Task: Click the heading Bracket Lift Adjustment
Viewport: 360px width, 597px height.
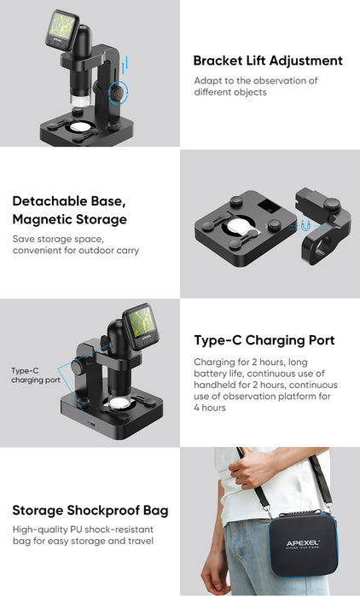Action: point(268,61)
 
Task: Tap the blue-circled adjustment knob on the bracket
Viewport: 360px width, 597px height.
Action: point(119,92)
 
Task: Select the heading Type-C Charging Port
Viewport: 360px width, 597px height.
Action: point(264,340)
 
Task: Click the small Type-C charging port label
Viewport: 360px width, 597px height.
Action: point(36,375)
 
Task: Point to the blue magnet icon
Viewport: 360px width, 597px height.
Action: point(305,226)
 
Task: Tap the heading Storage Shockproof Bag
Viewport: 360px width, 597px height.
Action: point(90,510)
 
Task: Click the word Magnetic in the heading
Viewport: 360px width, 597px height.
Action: point(42,220)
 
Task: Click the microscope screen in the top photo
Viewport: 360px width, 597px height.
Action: point(61,26)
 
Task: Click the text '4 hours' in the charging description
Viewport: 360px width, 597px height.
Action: point(210,408)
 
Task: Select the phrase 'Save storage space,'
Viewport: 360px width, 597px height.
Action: point(58,239)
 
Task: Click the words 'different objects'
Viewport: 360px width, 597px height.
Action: point(230,92)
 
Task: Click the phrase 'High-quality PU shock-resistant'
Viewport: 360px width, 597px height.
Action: point(83,530)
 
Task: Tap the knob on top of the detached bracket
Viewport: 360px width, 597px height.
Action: point(332,204)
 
